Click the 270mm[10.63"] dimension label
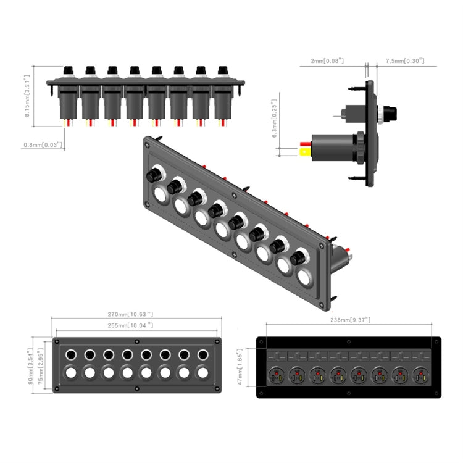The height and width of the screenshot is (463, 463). (x=135, y=314)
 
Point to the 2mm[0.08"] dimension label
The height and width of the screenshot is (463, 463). (x=327, y=61)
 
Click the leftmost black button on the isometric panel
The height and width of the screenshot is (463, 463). (x=153, y=175)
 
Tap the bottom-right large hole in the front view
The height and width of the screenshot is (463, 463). (x=202, y=373)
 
